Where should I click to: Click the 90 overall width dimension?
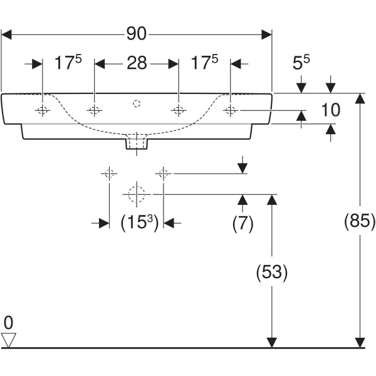tap(137, 34)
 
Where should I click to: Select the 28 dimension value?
tap(137, 63)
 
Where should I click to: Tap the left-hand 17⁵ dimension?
tap(68, 63)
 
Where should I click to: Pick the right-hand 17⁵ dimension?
tap(205, 63)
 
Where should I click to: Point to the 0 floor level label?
tap(8, 323)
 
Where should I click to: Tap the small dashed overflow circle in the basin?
tap(137, 102)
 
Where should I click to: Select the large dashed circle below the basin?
tap(136, 194)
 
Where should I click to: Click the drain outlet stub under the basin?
tap(137, 143)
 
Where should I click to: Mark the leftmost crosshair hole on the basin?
tap(42, 111)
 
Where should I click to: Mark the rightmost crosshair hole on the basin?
tap(231, 111)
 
